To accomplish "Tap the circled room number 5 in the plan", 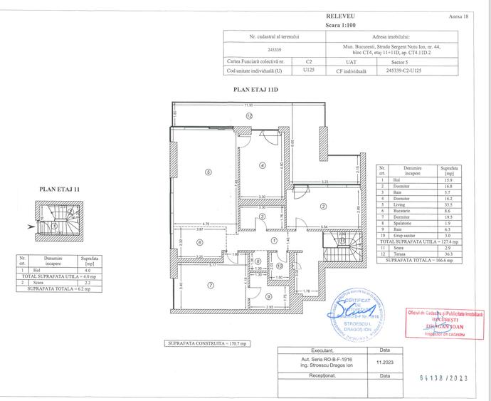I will [x=208, y=171].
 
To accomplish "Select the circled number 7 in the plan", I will [x=211, y=286].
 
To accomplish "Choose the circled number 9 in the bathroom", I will [x=268, y=296].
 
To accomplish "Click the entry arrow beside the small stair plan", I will [x=28, y=226].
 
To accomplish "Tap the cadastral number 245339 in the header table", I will [x=273, y=51].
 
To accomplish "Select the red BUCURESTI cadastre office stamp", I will [x=443, y=323].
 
